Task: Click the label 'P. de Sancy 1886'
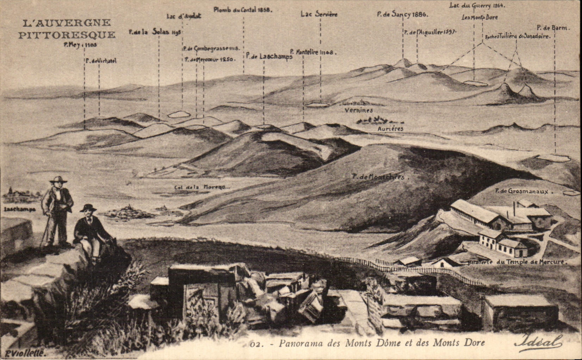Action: pos(402,15)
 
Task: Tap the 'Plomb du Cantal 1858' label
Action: pos(243,10)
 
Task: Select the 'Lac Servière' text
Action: pos(319,14)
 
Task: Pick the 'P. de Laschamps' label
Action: pos(269,56)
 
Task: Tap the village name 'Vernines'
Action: pos(359,110)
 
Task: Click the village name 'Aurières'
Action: pos(390,129)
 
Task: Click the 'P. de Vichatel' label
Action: pos(101,61)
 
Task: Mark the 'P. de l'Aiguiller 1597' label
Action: pos(430,32)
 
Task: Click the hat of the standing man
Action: pos(58,180)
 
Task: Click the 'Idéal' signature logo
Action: pos(538,341)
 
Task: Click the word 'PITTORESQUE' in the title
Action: pos(67,35)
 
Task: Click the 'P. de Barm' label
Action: pos(552,27)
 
